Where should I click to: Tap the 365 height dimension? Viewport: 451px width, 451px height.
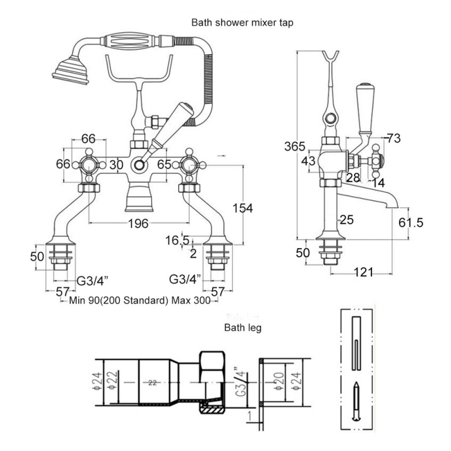(x=294, y=147)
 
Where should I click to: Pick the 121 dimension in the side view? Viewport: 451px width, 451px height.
(x=364, y=272)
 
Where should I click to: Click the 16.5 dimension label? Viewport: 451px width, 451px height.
(x=178, y=241)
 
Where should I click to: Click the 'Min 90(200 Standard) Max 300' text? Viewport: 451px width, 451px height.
(x=139, y=300)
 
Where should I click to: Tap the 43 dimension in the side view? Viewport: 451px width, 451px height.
(x=309, y=161)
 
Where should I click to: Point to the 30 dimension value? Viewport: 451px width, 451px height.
(x=116, y=165)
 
